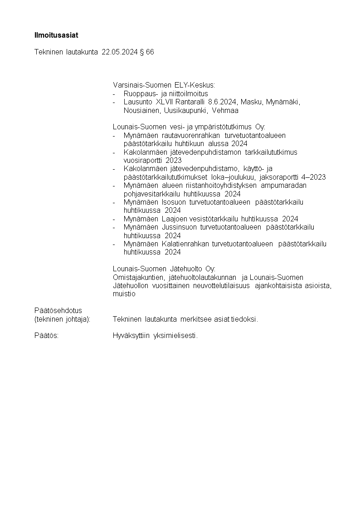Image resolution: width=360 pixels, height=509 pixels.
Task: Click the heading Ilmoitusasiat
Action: pyautogui.click(x=56, y=35)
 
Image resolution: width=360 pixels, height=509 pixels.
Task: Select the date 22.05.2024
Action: pyautogui.click(x=119, y=52)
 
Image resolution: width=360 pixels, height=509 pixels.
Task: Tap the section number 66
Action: pyautogui.click(x=150, y=52)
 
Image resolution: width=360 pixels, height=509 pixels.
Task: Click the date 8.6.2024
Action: pyautogui.click(x=223, y=102)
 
